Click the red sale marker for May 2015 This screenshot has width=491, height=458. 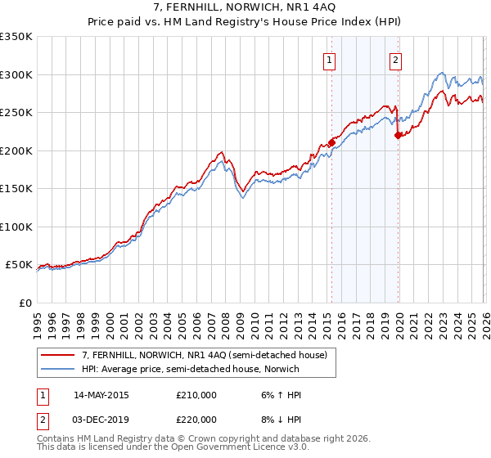tap(331, 142)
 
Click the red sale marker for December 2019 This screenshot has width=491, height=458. tap(398, 135)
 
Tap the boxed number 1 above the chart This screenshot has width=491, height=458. tap(329, 59)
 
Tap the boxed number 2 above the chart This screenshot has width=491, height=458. tap(395, 59)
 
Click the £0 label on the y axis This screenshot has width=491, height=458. tap(24, 303)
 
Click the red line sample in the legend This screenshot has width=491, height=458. tap(58, 355)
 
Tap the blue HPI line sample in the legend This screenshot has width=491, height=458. tap(58, 369)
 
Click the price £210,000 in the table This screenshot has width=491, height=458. tap(196, 395)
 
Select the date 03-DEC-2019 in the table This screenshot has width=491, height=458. tap(101, 419)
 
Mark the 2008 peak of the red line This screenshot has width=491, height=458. tap(222, 151)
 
